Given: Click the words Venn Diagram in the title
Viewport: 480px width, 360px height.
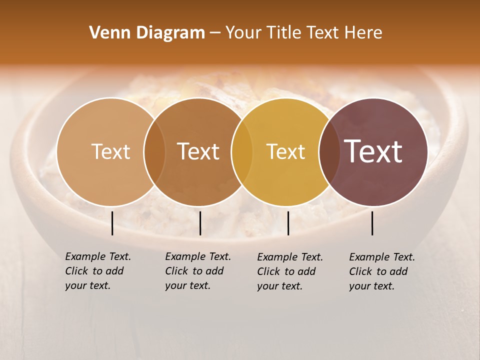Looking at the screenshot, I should click(x=147, y=33).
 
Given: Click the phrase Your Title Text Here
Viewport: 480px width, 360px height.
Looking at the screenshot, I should click(x=303, y=33).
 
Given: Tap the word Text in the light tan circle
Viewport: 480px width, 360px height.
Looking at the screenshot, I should click(x=110, y=151).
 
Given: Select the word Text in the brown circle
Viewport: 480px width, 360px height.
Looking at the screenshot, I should click(x=198, y=151).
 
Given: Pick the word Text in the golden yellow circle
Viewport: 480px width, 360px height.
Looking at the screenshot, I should click(x=285, y=151).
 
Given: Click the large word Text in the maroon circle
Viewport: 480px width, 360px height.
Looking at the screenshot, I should click(x=373, y=151).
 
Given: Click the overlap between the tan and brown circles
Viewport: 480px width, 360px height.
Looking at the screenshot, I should click(x=154, y=151).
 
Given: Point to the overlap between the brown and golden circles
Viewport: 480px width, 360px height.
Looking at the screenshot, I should click(x=242, y=151).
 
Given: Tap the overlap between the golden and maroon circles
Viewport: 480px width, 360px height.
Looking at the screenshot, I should click(x=327, y=151).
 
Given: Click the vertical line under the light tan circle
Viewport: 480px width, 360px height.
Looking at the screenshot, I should click(x=112, y=223).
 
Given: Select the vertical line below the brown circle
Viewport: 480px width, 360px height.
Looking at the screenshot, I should click(x=200, y=223).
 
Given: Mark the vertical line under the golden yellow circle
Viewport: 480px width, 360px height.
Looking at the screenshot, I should click(x=288, y=223).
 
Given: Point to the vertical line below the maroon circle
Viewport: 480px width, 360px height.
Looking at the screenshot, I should click(x=372, y=223).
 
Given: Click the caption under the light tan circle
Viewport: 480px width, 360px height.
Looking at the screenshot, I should click(x=97, y=271).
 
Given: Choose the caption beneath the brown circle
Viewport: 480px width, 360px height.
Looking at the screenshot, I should click(x=197, y=271).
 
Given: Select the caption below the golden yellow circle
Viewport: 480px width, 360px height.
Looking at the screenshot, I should click(x=289, y=271).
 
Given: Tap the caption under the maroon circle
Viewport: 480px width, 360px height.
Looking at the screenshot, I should click(x=381, y=271).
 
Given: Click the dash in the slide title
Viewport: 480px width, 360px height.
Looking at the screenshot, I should click(x=215, y=33).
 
